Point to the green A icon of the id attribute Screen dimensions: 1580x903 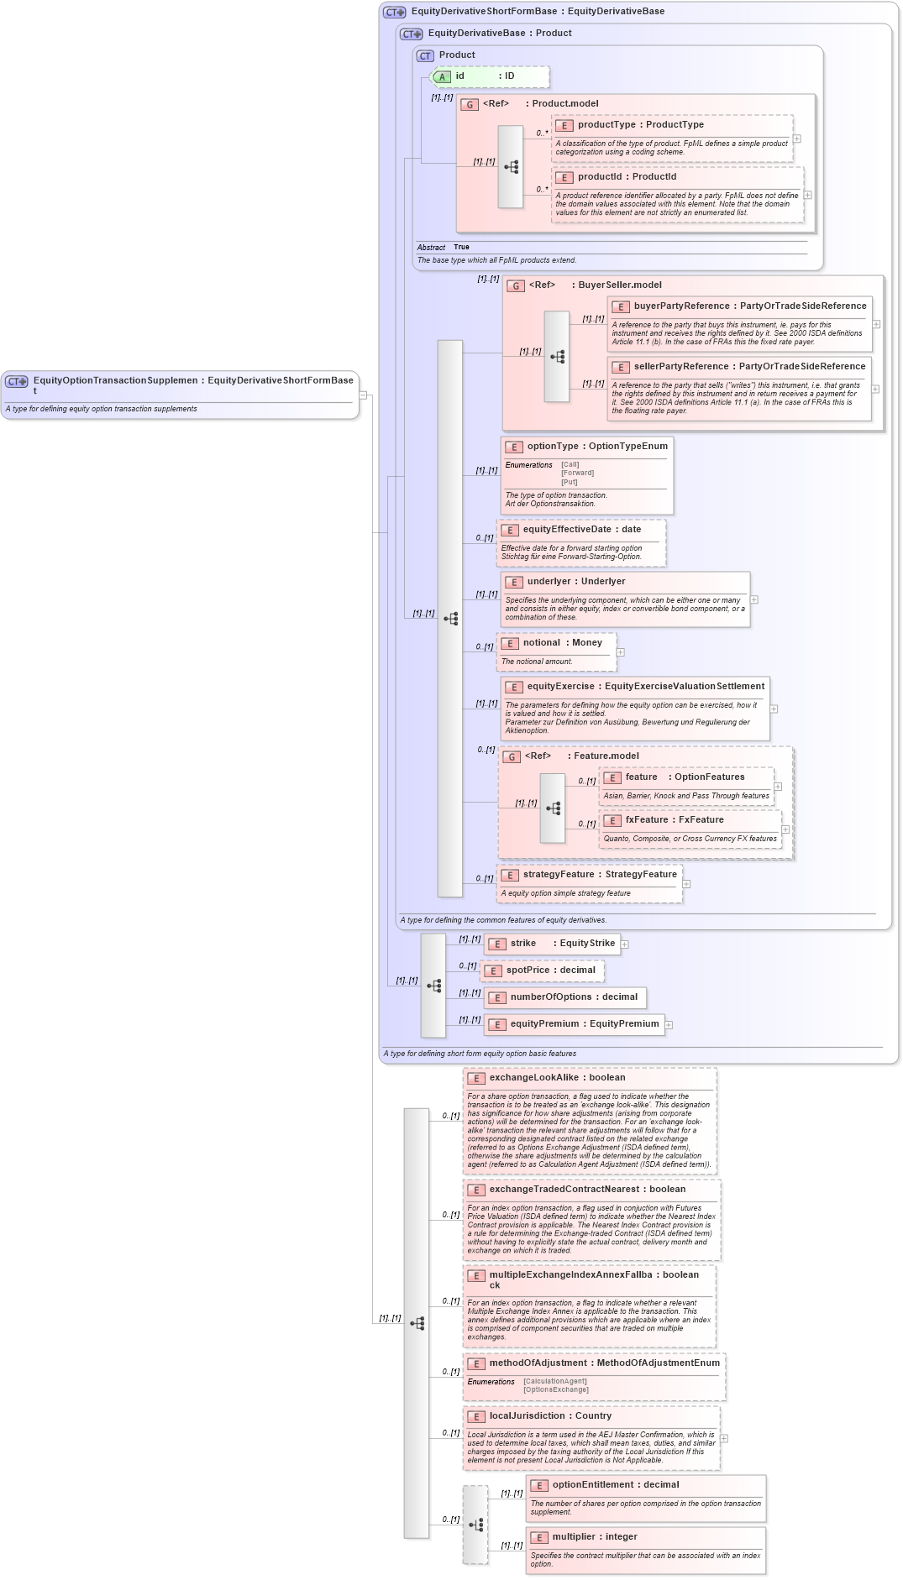(x=442, y=77)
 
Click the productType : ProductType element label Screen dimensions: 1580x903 (x=640, y=125)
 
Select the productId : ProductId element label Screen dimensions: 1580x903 (x=626, y=177)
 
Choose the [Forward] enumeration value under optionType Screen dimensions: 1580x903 (x=577, y=473)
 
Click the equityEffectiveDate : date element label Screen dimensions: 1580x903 (x=581, y=530)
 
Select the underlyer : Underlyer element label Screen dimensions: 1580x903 (x=575, y=582)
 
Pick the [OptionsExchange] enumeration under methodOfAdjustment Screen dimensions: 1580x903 (x=555, y=1389)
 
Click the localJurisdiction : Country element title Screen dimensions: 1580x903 (x=550, y=1416)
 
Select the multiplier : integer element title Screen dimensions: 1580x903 (x=594, y=1537)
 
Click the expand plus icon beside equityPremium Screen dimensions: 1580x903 (x=669, y=1024)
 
